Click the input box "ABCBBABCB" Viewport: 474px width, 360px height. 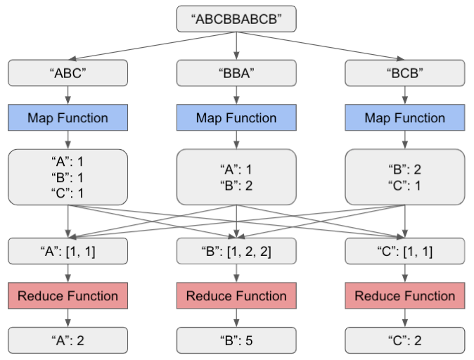[236, 20]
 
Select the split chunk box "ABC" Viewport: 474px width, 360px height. [68, 73]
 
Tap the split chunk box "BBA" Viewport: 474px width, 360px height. [236, 73]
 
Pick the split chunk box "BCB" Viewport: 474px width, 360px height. [404, 73]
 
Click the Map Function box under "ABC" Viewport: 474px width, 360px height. [68, 118]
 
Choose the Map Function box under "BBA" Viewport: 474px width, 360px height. [236, 118]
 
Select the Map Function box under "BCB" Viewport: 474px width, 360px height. [404, 118]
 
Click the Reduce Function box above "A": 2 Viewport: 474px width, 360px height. [68, 296]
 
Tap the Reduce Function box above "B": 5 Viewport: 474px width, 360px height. [236, 296]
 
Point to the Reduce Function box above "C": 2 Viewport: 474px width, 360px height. [404, 296]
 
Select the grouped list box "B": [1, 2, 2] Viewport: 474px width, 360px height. [236, 251]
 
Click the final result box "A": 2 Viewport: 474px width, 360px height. [68, 340]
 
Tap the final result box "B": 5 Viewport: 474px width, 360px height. [236, 340]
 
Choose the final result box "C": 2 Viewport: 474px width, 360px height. [404, 340]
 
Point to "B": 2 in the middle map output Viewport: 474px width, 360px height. [236, 185]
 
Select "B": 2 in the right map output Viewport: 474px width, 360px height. [404, 169]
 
